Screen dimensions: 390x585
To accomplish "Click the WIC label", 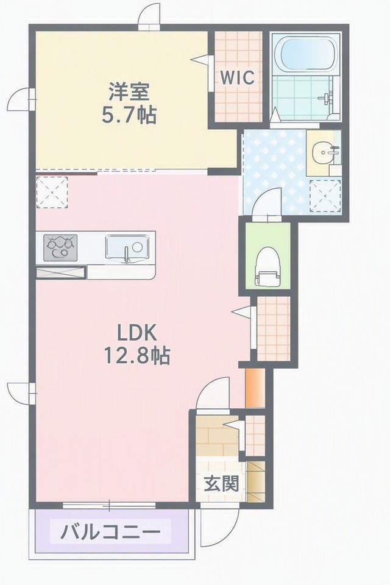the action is click(238, 77).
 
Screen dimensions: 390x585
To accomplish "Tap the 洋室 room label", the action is click(129, 91).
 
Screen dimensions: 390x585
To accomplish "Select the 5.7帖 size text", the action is click(129, 115).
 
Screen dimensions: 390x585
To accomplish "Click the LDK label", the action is click(136, 333).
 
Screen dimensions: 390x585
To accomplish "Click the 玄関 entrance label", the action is click(221, 484).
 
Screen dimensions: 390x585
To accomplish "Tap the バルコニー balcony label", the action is click(110, 531).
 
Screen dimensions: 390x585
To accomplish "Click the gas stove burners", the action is click(60, 247).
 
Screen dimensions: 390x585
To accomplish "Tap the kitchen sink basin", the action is click(127, 247).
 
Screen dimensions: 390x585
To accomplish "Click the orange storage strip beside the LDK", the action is click(255, 388).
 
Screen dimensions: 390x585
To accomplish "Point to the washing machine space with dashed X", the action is click(325, 196).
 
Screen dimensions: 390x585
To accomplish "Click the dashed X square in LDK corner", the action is click(52, 193).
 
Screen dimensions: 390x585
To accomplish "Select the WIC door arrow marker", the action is click(200, 60).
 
